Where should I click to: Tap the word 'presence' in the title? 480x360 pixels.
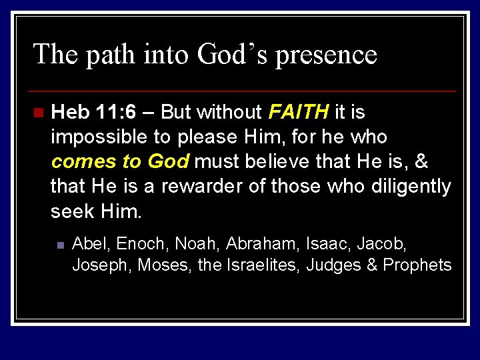(x=326, y=55)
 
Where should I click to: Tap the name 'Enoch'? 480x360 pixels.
(x=142, y=243)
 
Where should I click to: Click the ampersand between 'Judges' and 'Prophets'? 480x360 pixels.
(x=372, y=265)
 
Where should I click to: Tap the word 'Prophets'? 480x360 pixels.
(x=417, y=265)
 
